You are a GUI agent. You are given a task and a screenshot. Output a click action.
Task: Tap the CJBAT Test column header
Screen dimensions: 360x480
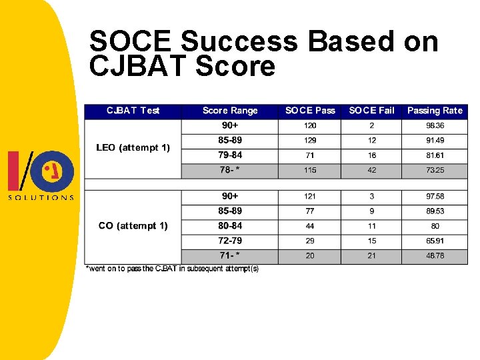tap(133, 111)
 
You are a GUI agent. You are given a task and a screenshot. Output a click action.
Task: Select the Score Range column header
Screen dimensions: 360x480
tap(230, 111)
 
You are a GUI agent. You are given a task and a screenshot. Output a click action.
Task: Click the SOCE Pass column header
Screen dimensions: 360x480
tap(310, 111)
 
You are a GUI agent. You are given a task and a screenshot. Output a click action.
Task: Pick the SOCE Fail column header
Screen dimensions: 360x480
tap(371, 111)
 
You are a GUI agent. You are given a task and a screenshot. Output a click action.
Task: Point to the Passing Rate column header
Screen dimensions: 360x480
tap(435, 111)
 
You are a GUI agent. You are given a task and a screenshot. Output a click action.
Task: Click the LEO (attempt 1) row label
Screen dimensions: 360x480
tap(133, 147)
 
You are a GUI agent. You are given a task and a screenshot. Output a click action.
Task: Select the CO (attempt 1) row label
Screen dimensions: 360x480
tap(133, 226)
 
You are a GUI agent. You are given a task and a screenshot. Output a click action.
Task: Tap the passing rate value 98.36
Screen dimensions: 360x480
tap(435, 125)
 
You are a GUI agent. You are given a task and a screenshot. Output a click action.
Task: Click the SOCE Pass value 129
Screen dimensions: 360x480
tap(310, 141)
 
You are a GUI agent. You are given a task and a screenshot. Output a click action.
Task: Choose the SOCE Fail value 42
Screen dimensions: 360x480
tap(371, 171)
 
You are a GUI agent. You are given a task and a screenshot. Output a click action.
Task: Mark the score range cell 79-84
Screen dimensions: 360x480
tap(230, 155)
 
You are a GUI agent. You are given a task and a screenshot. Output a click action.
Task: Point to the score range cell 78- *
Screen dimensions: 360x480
tap(230, 171)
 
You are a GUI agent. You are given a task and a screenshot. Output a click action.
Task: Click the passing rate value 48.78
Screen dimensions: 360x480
tap(435, 256)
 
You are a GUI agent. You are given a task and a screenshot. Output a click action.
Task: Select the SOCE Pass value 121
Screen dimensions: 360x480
tap(310, 197)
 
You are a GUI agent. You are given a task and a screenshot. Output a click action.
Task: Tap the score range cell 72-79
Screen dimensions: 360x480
tap(230, 241)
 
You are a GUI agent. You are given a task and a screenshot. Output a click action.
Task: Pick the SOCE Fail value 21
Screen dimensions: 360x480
tap(371, 256)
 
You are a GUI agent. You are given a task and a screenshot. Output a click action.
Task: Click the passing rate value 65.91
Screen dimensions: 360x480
tap(435, 241)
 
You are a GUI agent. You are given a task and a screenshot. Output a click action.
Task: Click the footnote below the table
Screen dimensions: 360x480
tap(173, 269)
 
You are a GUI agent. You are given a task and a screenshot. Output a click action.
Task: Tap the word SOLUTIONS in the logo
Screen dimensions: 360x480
tap(41, 197)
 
